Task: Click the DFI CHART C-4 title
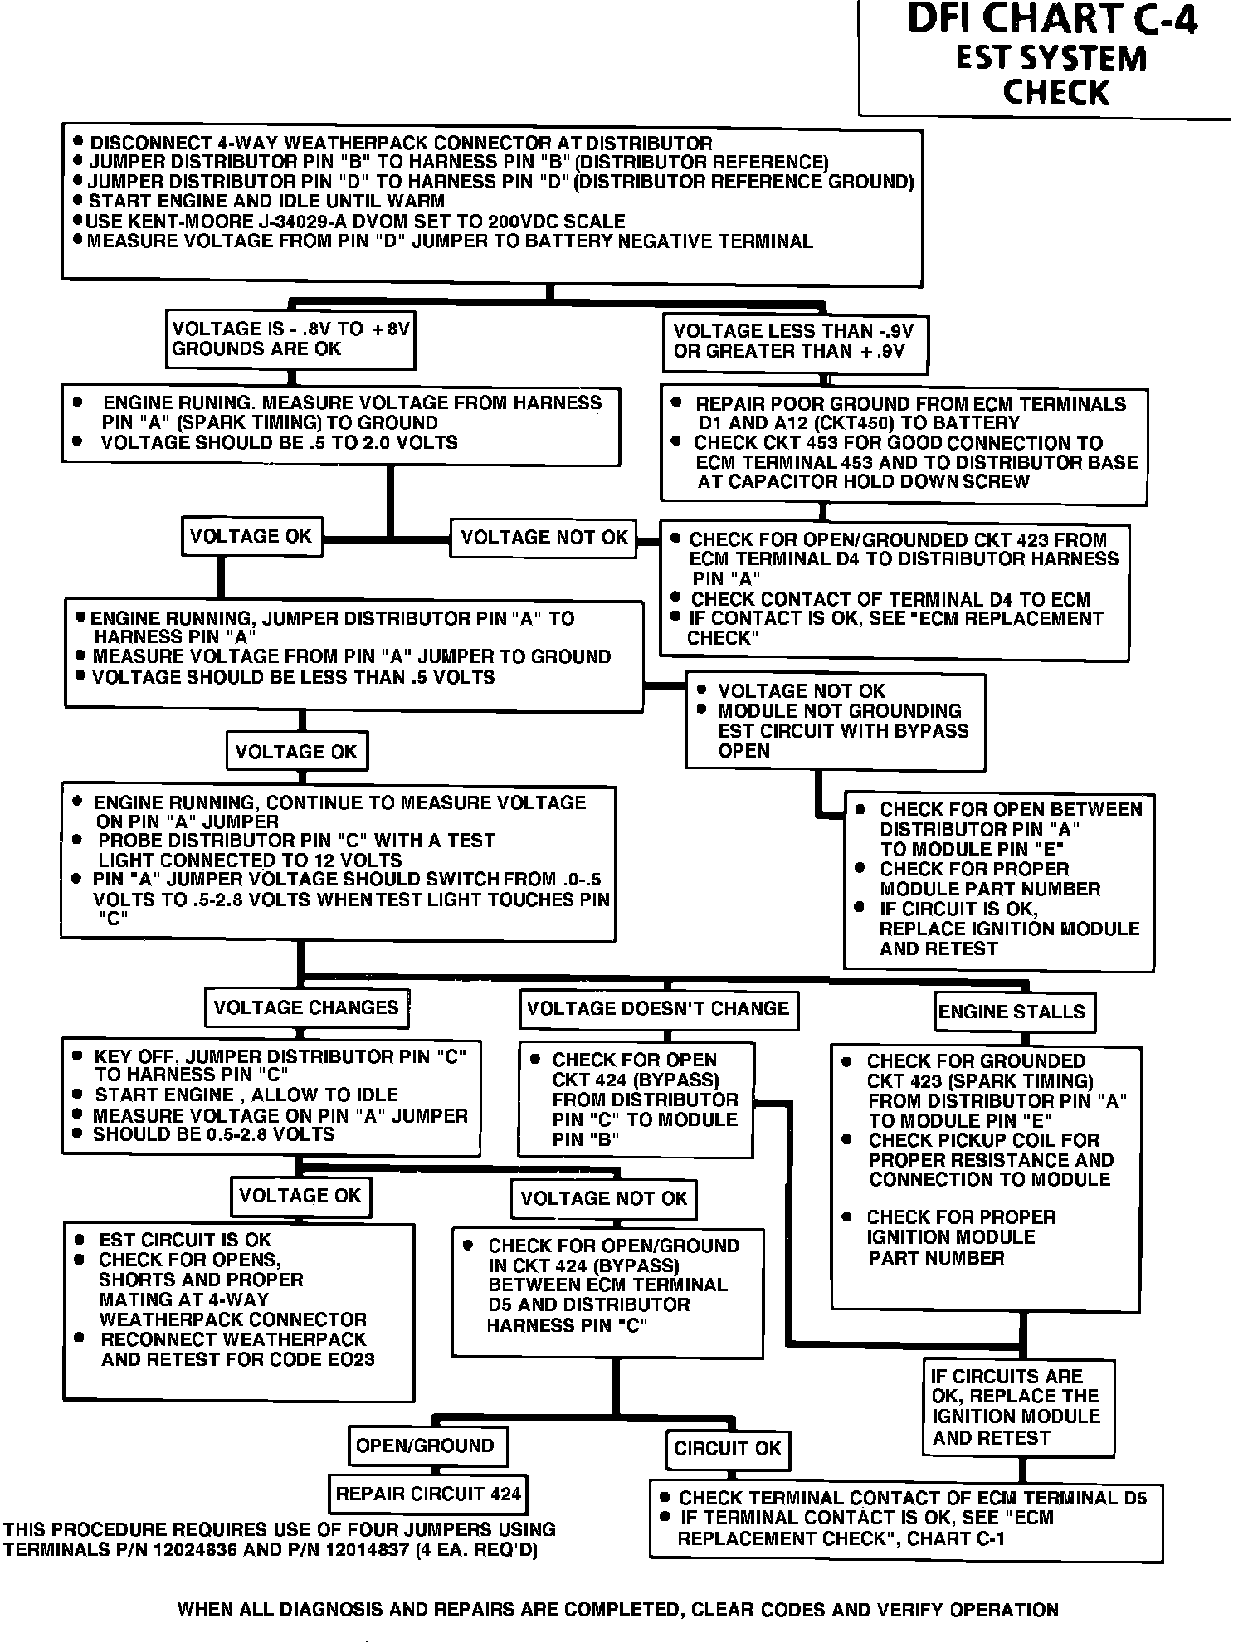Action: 1052,20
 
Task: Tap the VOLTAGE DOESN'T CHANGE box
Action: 657,1009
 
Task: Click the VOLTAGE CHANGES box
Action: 306,1008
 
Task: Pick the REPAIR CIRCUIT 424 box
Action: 428,1494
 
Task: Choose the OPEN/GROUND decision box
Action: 425,1446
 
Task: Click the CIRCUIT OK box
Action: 728,1449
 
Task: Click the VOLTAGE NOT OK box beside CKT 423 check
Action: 544,538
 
